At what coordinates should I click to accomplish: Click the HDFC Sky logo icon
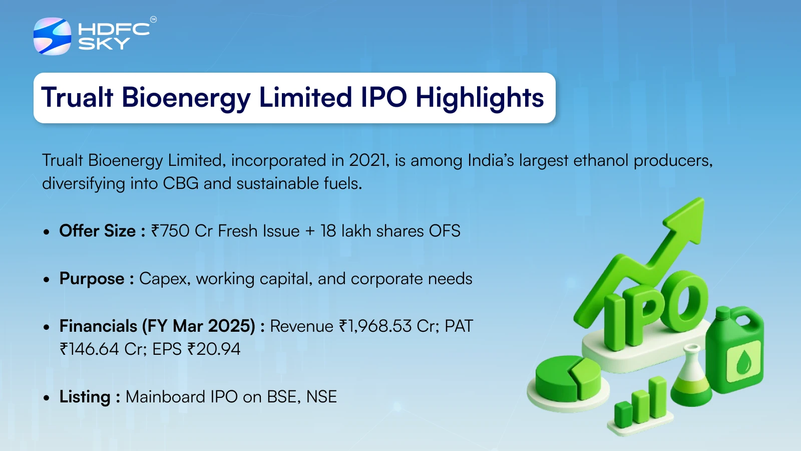coord(52,36)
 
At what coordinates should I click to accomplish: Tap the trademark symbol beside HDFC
coord(153,20)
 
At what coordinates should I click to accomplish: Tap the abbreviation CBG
coord(181,183)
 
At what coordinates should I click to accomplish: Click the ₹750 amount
coord(170,231)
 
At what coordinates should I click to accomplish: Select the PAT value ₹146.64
coord(89,349)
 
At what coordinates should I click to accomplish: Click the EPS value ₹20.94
coord(213,349)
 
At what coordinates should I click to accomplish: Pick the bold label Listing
coord(85,397)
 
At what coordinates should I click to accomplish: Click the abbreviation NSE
coord(321,397)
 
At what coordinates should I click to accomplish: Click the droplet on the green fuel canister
coord(744,362)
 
